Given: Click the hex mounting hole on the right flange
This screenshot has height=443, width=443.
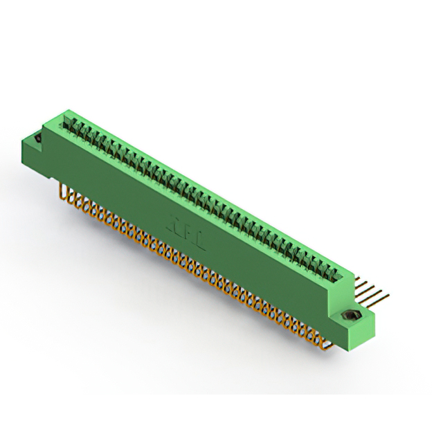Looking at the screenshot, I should point(350,317).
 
